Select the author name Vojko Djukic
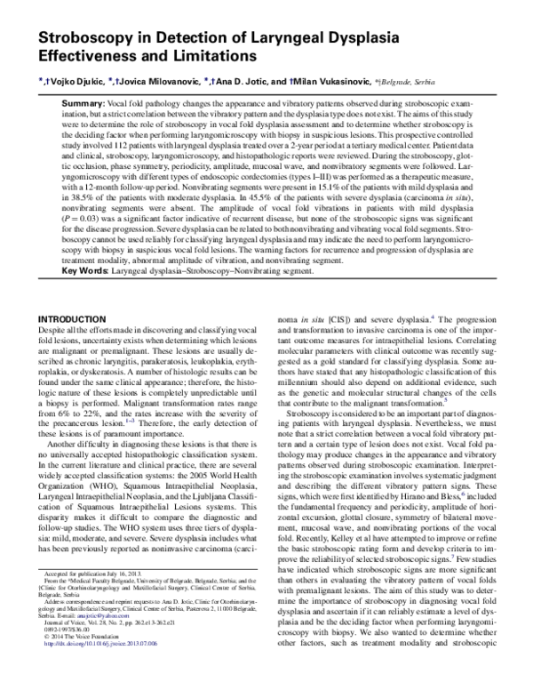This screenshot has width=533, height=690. pyautogui.click(x=78, y=81)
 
